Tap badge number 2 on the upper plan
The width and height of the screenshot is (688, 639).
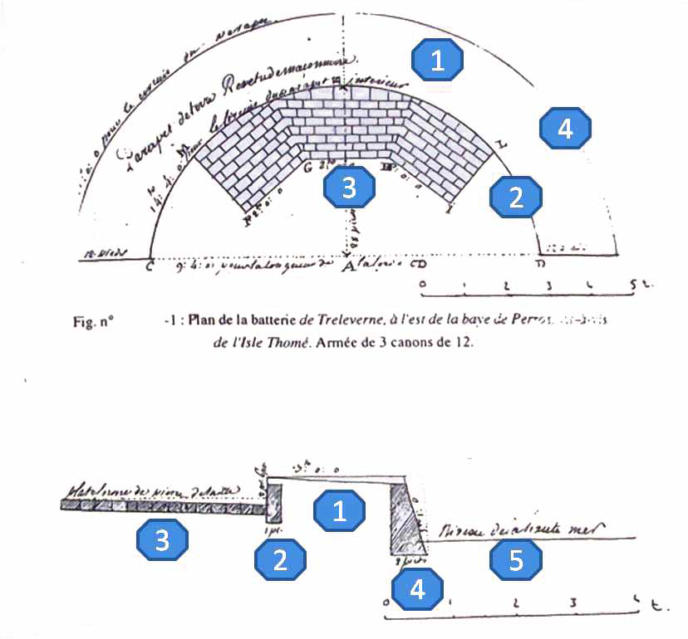click(516, 197)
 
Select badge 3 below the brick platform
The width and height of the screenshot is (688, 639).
click(349, 188)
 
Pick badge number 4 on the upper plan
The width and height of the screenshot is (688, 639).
click(565, 129)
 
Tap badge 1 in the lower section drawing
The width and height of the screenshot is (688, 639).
click(339, 511)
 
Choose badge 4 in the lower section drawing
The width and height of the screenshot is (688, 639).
click(419, 588)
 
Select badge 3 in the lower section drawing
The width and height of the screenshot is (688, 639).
click(163, 541)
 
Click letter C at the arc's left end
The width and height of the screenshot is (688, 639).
click(150, 267)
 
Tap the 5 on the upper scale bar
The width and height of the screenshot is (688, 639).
click(634, 284)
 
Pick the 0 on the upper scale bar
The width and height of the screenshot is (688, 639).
click(422, 284)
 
